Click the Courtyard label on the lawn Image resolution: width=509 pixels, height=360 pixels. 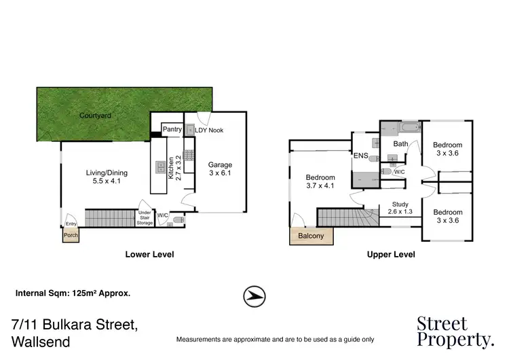click(x=95, y=116)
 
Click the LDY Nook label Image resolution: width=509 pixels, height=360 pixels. click(x=209, y=130)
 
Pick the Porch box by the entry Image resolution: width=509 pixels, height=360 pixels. click(x=71, y=236)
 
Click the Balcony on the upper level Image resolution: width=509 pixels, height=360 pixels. click(x=312, y=236)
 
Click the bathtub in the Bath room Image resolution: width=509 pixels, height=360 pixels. click(x=409, y=127)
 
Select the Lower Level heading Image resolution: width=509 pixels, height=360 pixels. click(x=150, y=255)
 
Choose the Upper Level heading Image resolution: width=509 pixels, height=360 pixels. click(x=391, y=255)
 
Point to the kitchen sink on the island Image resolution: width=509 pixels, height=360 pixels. click(x=162, y=165)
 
